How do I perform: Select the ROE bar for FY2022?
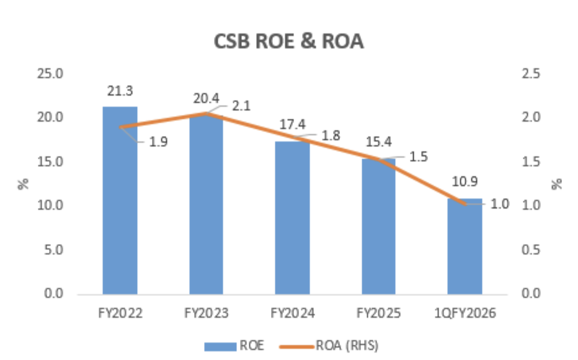point(120,205)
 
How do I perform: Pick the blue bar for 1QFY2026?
point(465,248)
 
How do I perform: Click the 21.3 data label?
point(120,92)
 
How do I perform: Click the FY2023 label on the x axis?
point(206,314)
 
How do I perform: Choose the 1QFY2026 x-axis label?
point(465,314)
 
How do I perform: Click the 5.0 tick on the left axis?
point(54,250)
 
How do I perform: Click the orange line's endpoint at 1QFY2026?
point(465,204)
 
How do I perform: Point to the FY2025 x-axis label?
point(378,314)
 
